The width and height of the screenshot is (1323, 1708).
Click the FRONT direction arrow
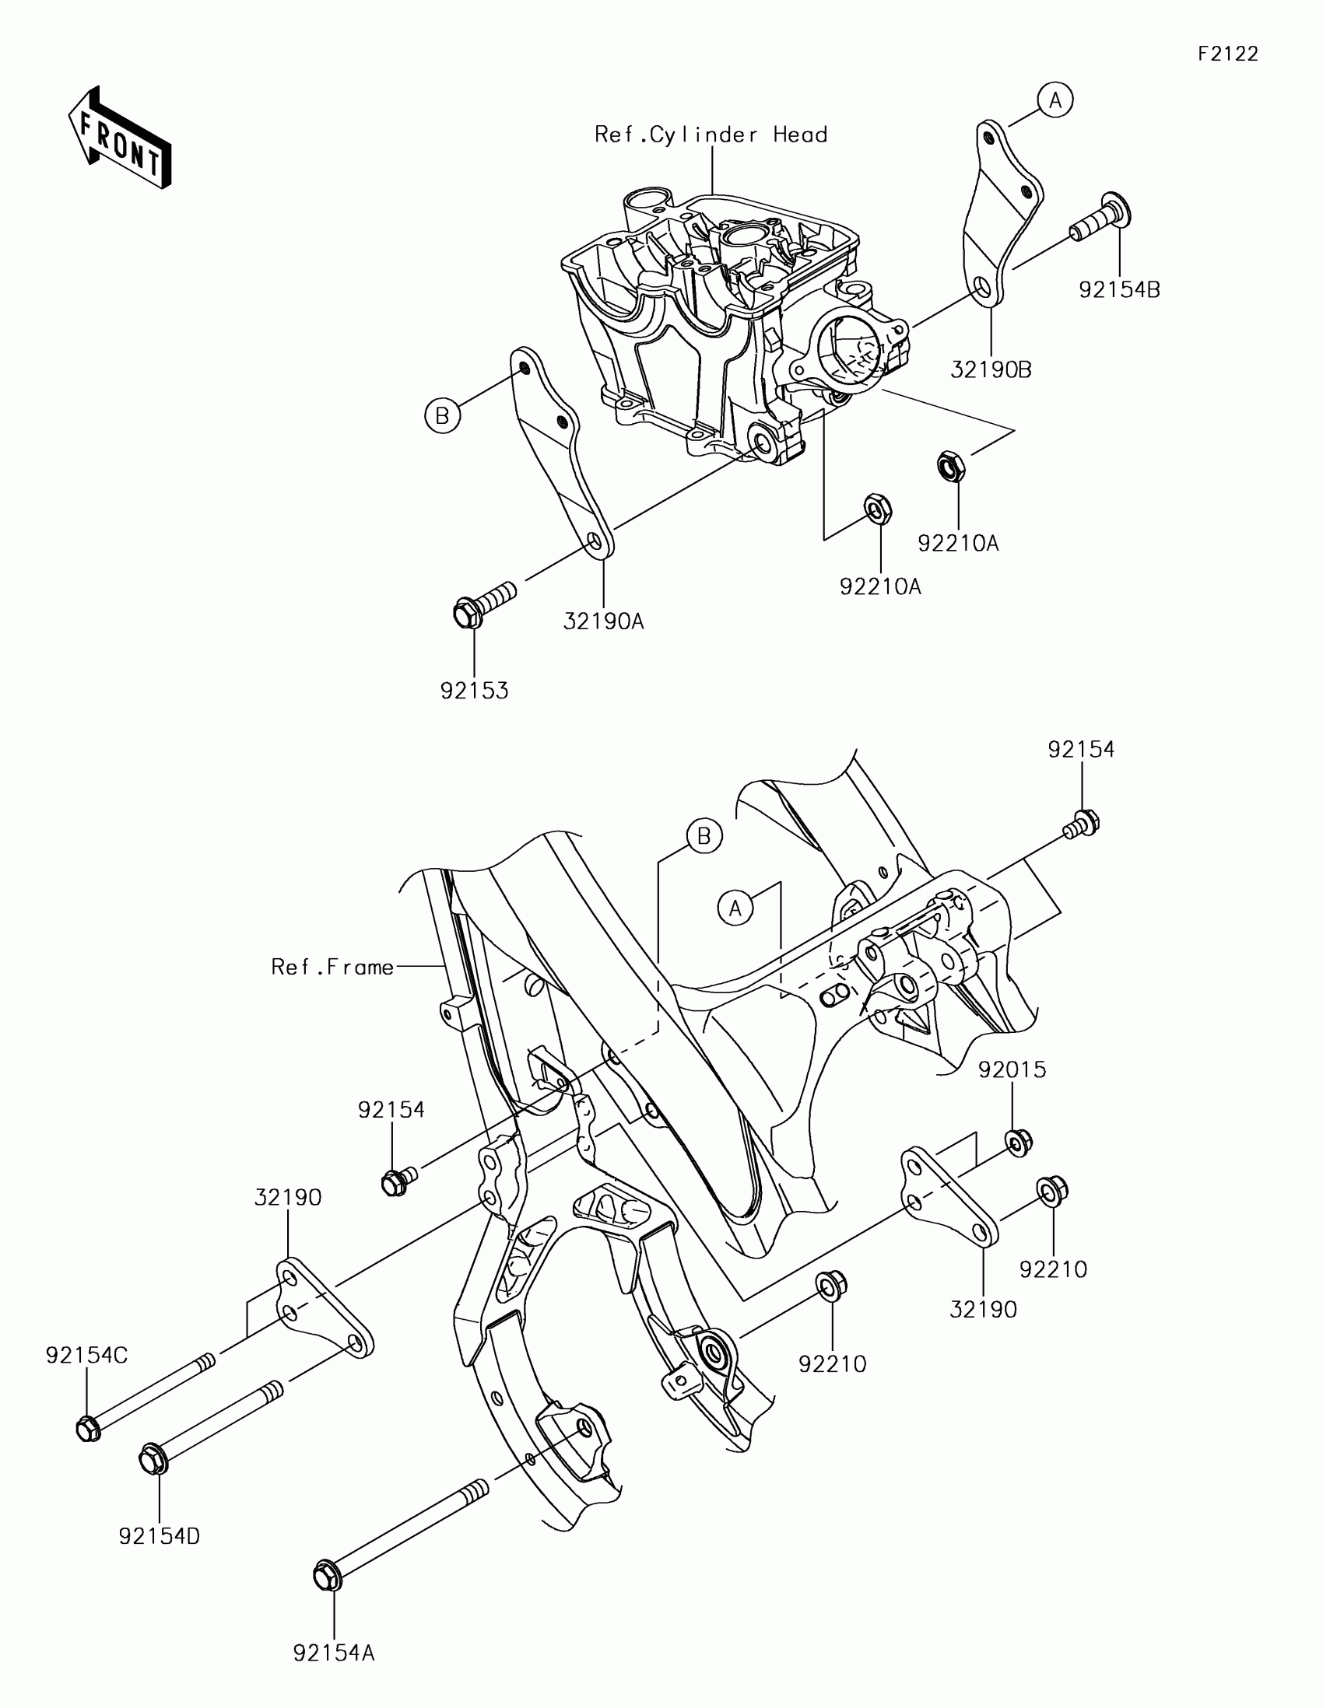(120, 138)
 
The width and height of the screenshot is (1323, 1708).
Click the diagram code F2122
(1227, 54)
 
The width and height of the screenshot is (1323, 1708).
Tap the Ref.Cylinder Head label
(711, 135)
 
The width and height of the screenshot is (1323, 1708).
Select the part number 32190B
(991, 370)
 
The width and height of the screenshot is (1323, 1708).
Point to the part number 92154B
(1119, 290)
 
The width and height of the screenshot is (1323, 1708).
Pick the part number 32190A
(603, 621)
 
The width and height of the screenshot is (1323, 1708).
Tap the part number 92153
(474, 691)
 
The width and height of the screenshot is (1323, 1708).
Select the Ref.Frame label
(332, 968)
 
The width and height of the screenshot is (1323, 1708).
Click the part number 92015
(1012, 1070)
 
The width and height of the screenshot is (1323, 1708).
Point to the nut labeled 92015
(1018, 1143)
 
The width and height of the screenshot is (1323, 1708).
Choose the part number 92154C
(86, 1356)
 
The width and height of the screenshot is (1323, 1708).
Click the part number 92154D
(159, 1537)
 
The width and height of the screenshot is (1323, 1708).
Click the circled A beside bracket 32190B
(1055, 100)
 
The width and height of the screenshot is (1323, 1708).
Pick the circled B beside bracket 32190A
(442, 415)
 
